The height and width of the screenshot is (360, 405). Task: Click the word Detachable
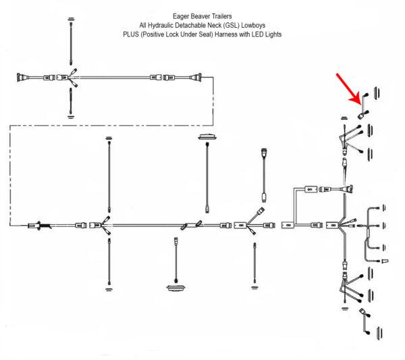(196, 24)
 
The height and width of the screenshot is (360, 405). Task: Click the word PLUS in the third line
(132, 33)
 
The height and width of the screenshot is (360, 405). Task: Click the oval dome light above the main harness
(206, 138)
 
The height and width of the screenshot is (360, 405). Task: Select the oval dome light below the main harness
(175, 288)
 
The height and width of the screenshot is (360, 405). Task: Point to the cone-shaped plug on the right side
(385, 259)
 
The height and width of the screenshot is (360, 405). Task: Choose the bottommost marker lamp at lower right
(377, 334)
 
